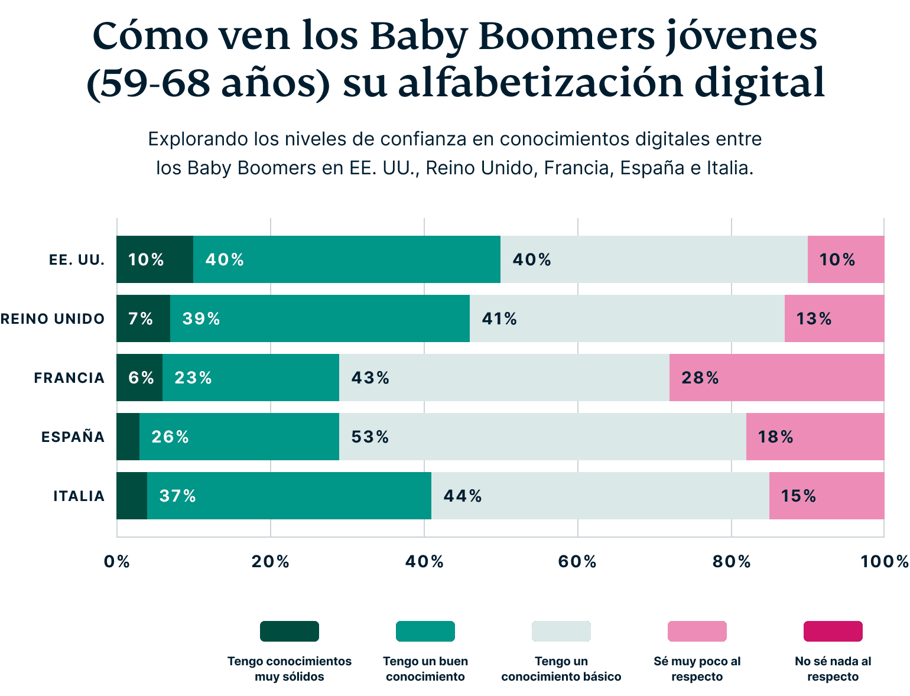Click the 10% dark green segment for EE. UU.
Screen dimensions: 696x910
pyautogui.click(x=155, y=259)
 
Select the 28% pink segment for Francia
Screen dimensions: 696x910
pyautogui.click(x=776, y=378)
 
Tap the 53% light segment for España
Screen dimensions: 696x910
pyautogui.click(x=542, y=437)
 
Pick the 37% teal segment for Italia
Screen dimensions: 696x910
pyautogui.click(x=289, y=496)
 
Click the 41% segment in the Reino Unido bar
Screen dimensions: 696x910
pyautogui.click(x=627, y=318)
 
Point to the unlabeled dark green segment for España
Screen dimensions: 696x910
pyautogui.click(x=128, y=437)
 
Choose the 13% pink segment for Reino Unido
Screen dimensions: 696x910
pyautogui.click(x=834, y=318)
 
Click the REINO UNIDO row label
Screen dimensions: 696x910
pyautogui.click(x=53, y=319)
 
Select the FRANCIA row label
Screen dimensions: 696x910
pyautogui.click(x=69, y=378)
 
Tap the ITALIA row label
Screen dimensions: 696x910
pyautogui.click(x=79, y=496)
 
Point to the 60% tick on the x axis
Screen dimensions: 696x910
pyautogui.click(x=577, y=561)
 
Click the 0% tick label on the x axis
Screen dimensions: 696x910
pyautogui.click(x=116, y=561)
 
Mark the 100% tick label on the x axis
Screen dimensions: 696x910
pyautogui.click(x=884, y=561)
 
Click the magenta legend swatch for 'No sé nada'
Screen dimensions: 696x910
pyautogui.click(x=833, y=631)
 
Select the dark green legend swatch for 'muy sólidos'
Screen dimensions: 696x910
pyautogui.click(x=290, y=631)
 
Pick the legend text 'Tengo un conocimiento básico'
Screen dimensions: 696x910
pyautogui.click(x=561, y=669)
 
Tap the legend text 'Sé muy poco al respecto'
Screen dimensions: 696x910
pyautogui.click(x=697, y=669)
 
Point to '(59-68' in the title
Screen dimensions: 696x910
pyautogui.click(x=148, y=83)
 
